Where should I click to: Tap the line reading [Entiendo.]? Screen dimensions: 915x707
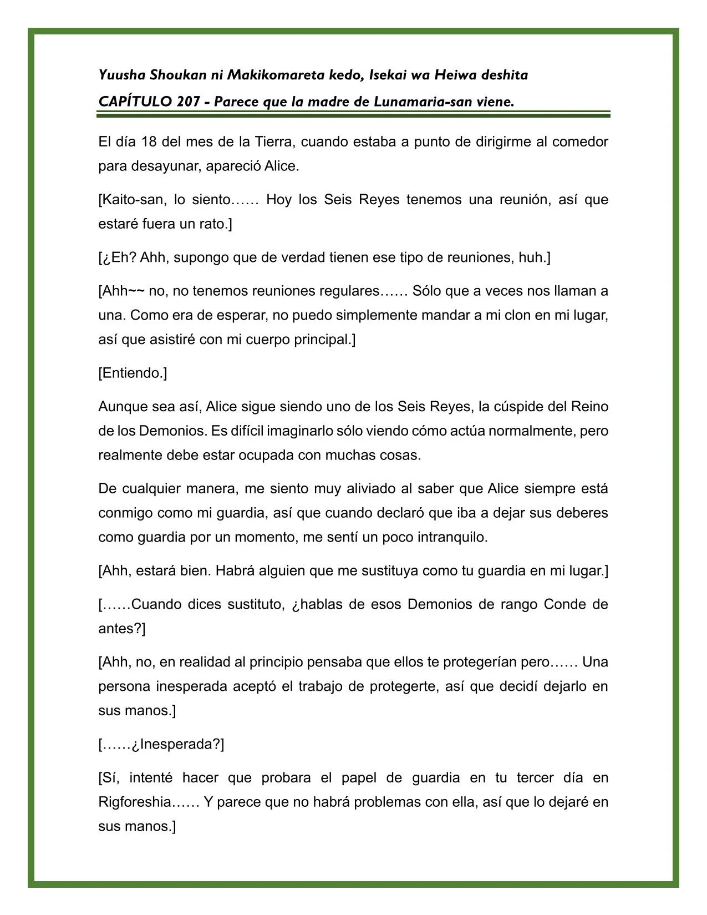pos(133,373)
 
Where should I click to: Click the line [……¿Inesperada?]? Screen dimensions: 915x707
pos(161,744)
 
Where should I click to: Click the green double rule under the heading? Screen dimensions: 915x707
pos(353,114)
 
